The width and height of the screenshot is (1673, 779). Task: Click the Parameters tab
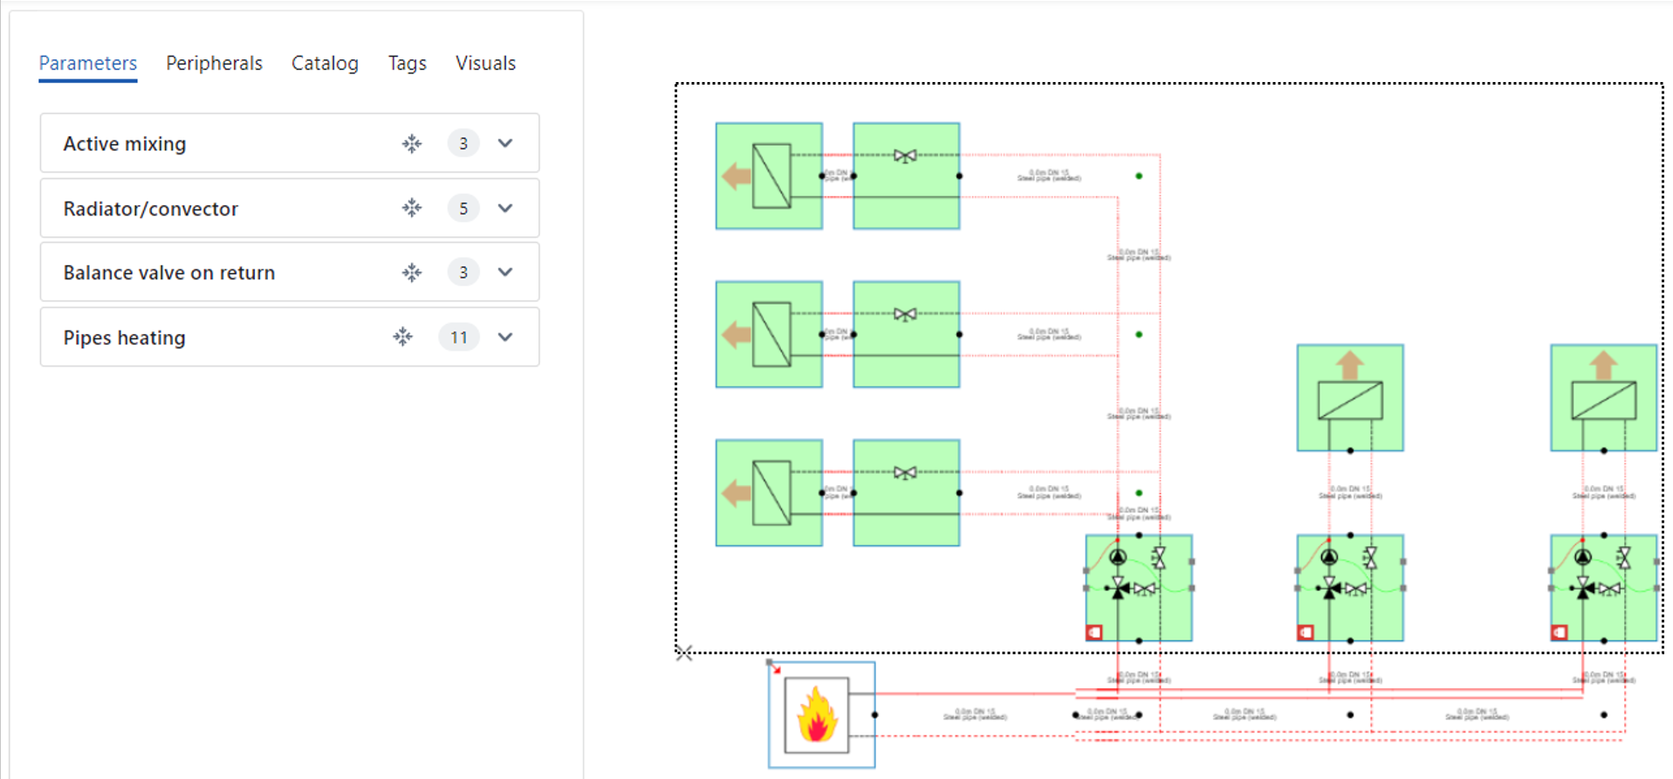pyautogui.click(x=87, y=64)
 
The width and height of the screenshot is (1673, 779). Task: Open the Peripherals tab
pyautogui.click(x=214, y=64)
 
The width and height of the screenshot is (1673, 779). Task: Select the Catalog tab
pyautogui.click(x=325, y=64)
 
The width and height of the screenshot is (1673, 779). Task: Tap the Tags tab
pyautogui.click(x=407, y=64)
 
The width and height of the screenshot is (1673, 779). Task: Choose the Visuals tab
pyautogui.click(x=485, y=64)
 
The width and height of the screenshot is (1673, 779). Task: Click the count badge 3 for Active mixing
pyautogui.click(x=463, y=143)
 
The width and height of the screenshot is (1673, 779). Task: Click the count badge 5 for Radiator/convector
pyautogui.click(x=463, y=208)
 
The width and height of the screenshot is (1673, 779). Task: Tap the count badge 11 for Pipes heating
pyautogui.click(x=459, y=338)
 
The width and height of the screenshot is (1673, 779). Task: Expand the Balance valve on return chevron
pyautogui.click(x=505, y=272)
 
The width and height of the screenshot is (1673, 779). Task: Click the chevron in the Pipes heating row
pyautogui.click(x=505, y=338)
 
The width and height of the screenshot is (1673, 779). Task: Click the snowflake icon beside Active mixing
pyautogui.click(x=412, y=143)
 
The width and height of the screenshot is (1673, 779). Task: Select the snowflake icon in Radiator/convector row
pyautogui.click(x=412, y=208)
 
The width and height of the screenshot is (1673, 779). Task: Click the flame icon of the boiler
pyautogui.click(x=817, y=715)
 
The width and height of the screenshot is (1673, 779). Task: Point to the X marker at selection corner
pyautogui.click(x=684, y=653)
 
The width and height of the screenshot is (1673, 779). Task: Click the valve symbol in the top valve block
pyautogui.click(x=905, y=156)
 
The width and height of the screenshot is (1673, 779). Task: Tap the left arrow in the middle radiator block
pyautogui.click(x=737, y=334)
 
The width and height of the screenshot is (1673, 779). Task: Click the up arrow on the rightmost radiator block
pyautogui.click(x=1602, y=365)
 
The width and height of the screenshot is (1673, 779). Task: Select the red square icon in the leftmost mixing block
pyautogui.click(x=1094, y=632)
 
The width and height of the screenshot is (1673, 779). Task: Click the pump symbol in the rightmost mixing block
pyautogui.click(x=1582, y=557)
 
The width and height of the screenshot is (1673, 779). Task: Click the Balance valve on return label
pyautogui.click(x=169, y=273)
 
